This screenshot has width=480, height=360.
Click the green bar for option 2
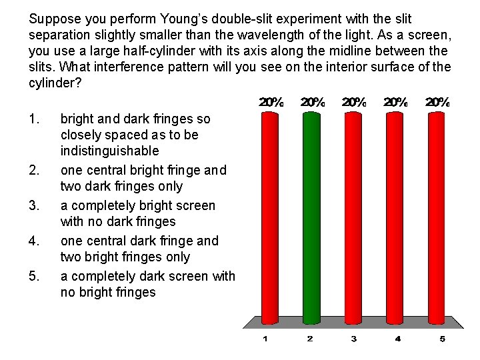[310, 213]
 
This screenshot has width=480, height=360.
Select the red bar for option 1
[269, 213]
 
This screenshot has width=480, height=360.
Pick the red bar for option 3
[353, 213]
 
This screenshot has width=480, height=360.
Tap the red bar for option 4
[397, 213]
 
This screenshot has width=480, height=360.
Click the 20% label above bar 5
[437, 103]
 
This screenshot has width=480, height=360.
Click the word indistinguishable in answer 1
[109, 151]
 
